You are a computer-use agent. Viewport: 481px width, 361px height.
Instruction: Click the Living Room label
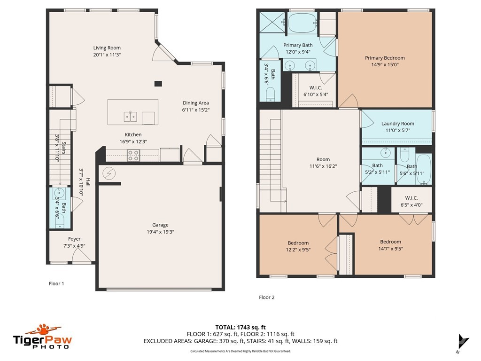click(107, 47)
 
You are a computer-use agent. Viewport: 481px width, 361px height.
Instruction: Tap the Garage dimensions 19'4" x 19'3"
click(160, 232)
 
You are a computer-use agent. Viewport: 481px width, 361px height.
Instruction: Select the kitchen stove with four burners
click(133, 155)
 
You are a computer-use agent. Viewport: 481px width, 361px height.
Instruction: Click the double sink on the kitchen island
click(131, 117)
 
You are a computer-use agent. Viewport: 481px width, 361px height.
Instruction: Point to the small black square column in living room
click(158, 84)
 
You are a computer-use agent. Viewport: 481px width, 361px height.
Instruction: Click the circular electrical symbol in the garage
click(109, 173)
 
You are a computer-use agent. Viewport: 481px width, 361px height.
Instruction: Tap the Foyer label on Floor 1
click(74, 239)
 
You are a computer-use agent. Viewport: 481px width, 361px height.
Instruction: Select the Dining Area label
click(195, 103)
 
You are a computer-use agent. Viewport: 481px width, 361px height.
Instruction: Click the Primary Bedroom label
click(385, 58)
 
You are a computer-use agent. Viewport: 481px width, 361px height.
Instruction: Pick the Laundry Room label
click(397, 124)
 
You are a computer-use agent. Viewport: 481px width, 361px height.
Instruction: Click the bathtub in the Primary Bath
click(302, 22)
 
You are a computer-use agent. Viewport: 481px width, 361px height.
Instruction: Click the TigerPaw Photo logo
click(42, 337)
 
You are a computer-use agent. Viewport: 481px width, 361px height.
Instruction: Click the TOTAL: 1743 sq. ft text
click(240, 327)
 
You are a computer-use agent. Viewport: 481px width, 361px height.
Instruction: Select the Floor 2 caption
click(266, 297)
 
